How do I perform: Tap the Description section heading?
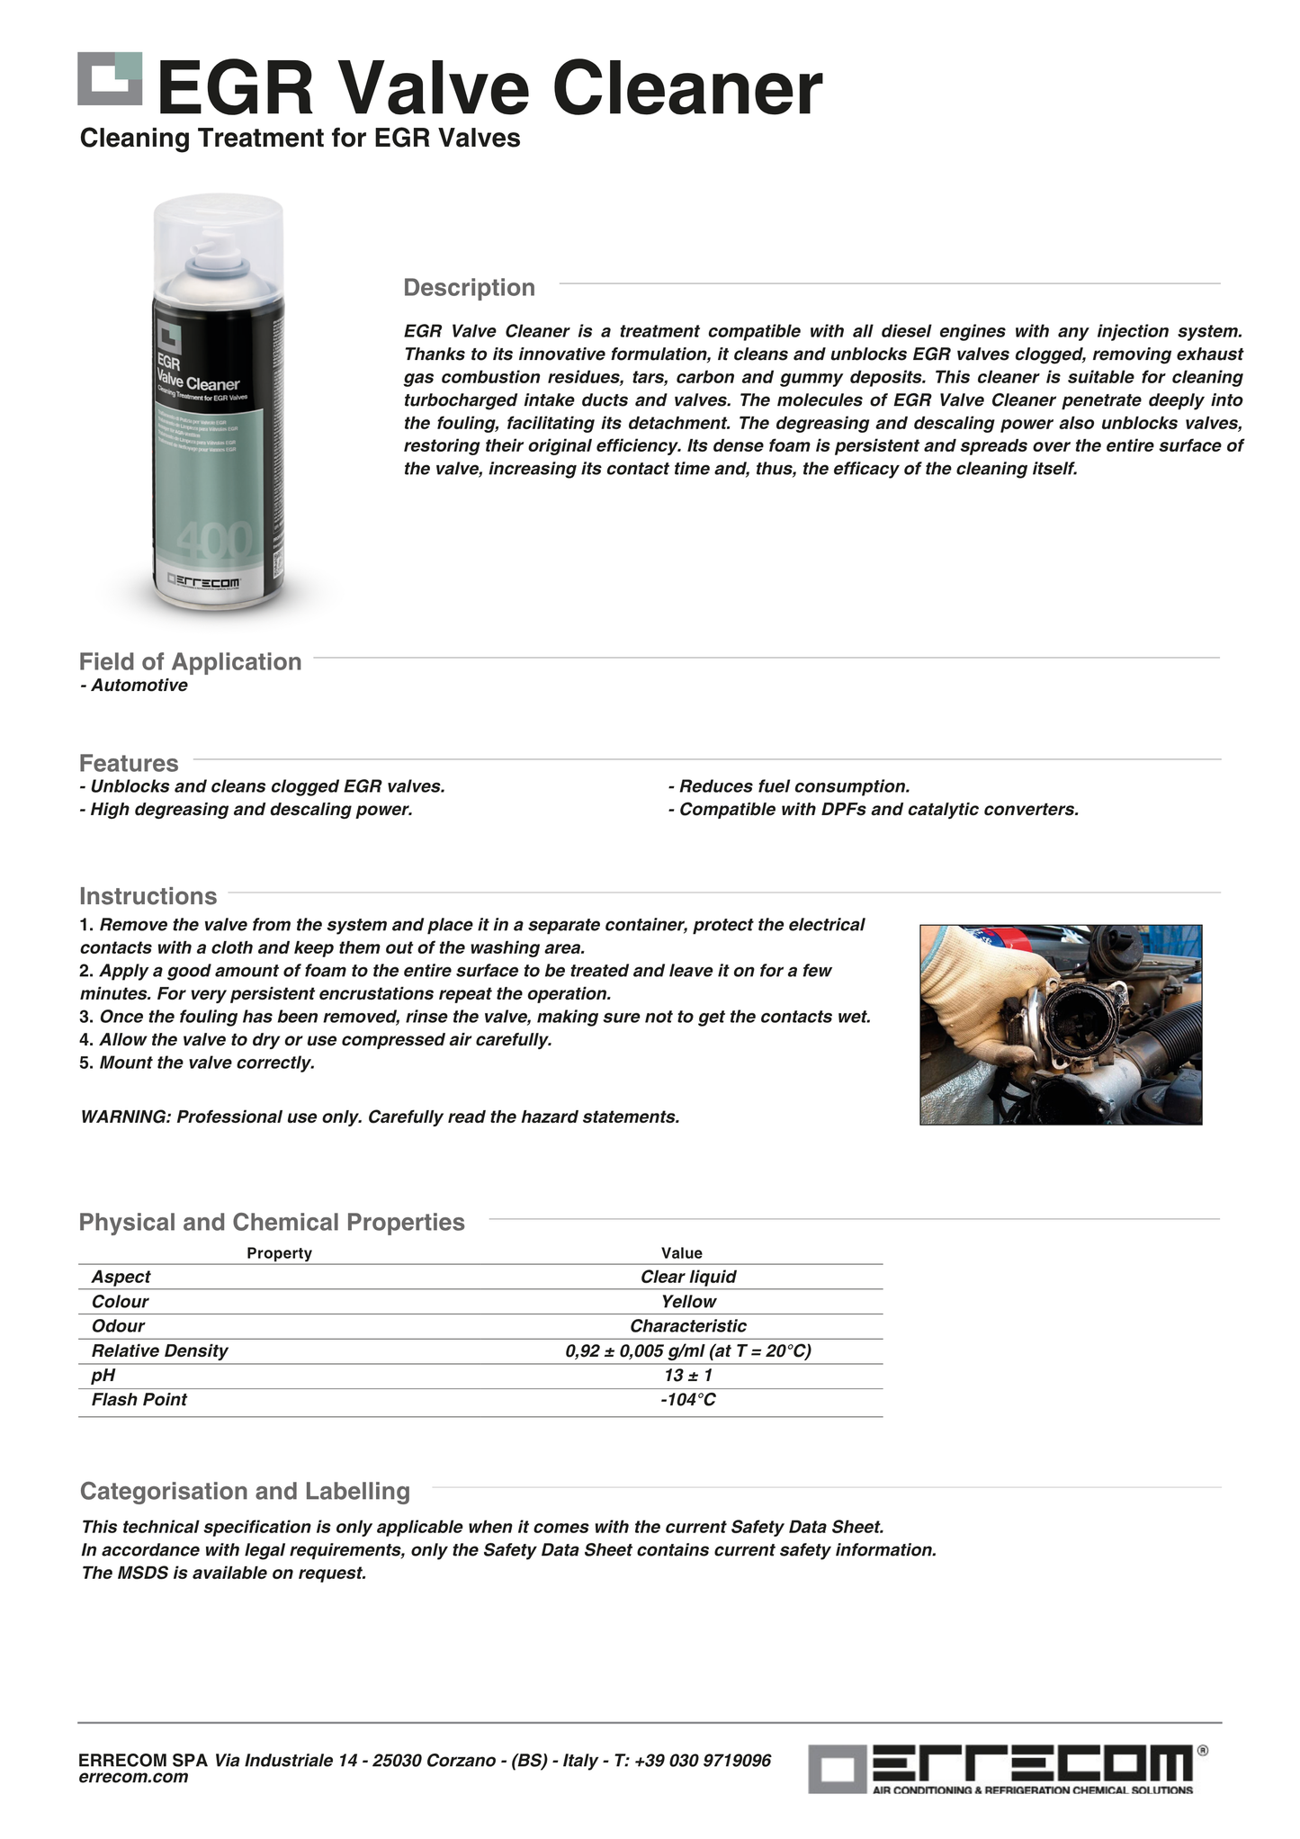click(x=469, y=288)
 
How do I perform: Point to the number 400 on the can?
click(x=215, y=541)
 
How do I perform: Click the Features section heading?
click(x=129, y=763)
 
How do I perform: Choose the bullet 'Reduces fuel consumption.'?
click(x=789, y=786)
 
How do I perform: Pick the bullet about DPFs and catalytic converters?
click(x=873, y=810)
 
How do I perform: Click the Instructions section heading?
click(x=148, y=896)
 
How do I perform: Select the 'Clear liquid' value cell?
click(x=688, y=1277)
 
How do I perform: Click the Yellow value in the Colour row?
click(x=688, y=1302)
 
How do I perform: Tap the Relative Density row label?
click(x=159, y=1350)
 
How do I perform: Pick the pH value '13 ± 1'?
click(x=688, y=1376)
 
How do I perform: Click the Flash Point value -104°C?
click(x=688, y=1400)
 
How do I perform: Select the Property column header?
click(x=279, y=1253)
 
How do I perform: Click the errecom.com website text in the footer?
click(x=133, y=1777)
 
